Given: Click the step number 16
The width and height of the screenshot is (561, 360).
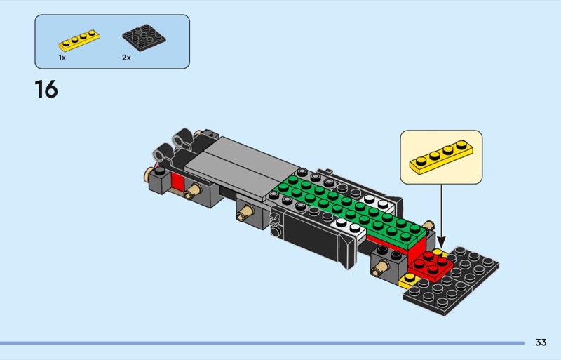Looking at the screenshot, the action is coord(46,89).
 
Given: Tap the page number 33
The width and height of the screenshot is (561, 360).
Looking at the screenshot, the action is coord(541,342).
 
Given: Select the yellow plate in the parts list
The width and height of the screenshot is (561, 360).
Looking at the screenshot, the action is coord(79,40).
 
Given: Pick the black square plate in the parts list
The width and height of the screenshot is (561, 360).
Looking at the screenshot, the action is coord(144,38).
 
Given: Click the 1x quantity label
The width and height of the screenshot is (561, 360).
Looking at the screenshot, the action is coord(62,58).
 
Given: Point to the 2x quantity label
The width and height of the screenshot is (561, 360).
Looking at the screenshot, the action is coord(127,58).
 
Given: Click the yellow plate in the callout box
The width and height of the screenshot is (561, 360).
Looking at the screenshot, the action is coord(441,157).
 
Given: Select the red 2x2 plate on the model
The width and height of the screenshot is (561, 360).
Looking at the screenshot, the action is coord(431,265).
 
